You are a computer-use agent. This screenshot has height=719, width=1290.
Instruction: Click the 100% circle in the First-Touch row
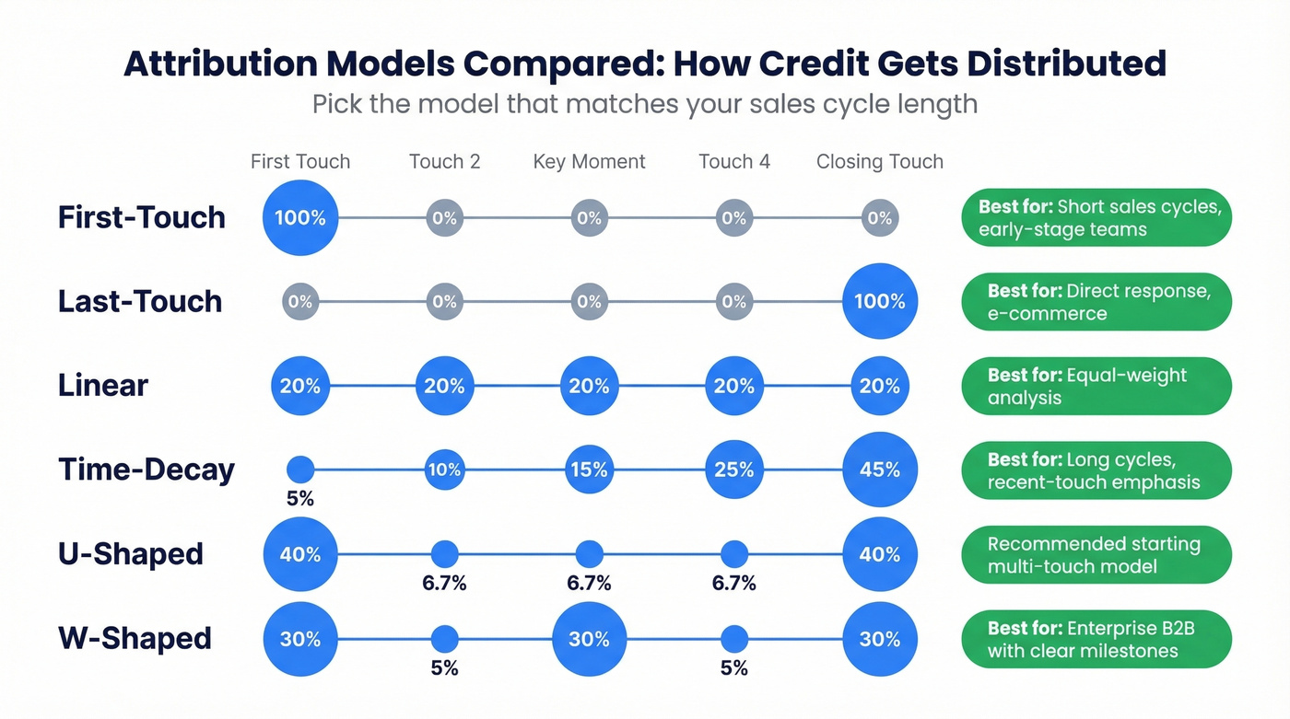[300, 218]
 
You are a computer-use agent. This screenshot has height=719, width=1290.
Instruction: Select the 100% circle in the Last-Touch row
[879, 301]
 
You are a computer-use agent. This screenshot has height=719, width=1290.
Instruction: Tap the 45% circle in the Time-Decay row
[879, 470]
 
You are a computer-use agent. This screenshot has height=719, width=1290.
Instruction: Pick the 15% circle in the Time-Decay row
[589, 470]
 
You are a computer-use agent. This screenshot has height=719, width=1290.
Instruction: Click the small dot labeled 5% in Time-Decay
[300, 470]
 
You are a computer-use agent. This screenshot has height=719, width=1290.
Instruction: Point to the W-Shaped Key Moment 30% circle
[589, 639]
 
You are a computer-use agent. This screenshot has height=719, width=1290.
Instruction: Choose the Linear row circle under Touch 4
[734, 386]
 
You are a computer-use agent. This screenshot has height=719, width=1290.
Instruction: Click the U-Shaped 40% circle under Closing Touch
[879, 554]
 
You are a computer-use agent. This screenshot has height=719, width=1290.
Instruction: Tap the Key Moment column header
[589, 162]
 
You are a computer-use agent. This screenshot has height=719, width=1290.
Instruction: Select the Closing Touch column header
[879, 162]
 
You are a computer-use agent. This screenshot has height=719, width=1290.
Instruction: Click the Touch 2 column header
[444, 162]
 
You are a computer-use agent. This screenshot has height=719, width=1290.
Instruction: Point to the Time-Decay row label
[147, 470]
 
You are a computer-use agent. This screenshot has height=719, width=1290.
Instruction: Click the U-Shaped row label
[131, 554]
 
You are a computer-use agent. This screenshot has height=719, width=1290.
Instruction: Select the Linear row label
[103, 386]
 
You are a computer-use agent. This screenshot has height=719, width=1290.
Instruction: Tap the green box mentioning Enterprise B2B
[1096, 639]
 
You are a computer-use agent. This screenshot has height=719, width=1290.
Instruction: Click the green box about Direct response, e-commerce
[1096, 301]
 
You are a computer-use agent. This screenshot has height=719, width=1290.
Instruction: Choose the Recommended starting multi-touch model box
[1096, 554]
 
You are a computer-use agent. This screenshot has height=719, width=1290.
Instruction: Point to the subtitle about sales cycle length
[644, 103]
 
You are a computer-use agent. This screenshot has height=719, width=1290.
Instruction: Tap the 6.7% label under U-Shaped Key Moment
[589, 584]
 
